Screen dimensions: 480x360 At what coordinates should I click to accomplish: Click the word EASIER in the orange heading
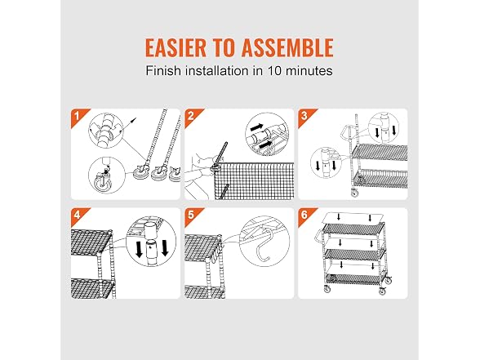[x=176, y=47]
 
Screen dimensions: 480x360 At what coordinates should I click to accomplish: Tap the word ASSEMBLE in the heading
[x=287, y=47]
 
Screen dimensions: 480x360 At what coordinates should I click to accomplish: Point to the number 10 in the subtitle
[x=274, y=71]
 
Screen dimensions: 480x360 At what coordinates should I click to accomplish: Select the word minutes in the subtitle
[x=309, y=71]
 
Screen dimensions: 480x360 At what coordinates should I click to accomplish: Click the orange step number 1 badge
[x=78, y=116]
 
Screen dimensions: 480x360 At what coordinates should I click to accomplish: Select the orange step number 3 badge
[x=305, y=116]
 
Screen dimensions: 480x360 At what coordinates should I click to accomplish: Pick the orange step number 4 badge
[x=78, y=215]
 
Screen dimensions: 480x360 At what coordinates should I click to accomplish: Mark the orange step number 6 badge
[x=305, y=215]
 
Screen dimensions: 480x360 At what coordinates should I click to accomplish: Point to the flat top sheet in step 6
[x=353, y=218]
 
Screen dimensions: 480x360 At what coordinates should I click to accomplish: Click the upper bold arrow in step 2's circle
[x=256, y=126]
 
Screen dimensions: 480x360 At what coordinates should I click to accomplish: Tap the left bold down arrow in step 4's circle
[x=139, y=249]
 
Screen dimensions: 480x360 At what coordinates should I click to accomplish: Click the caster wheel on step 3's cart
[x=354, y=193]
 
